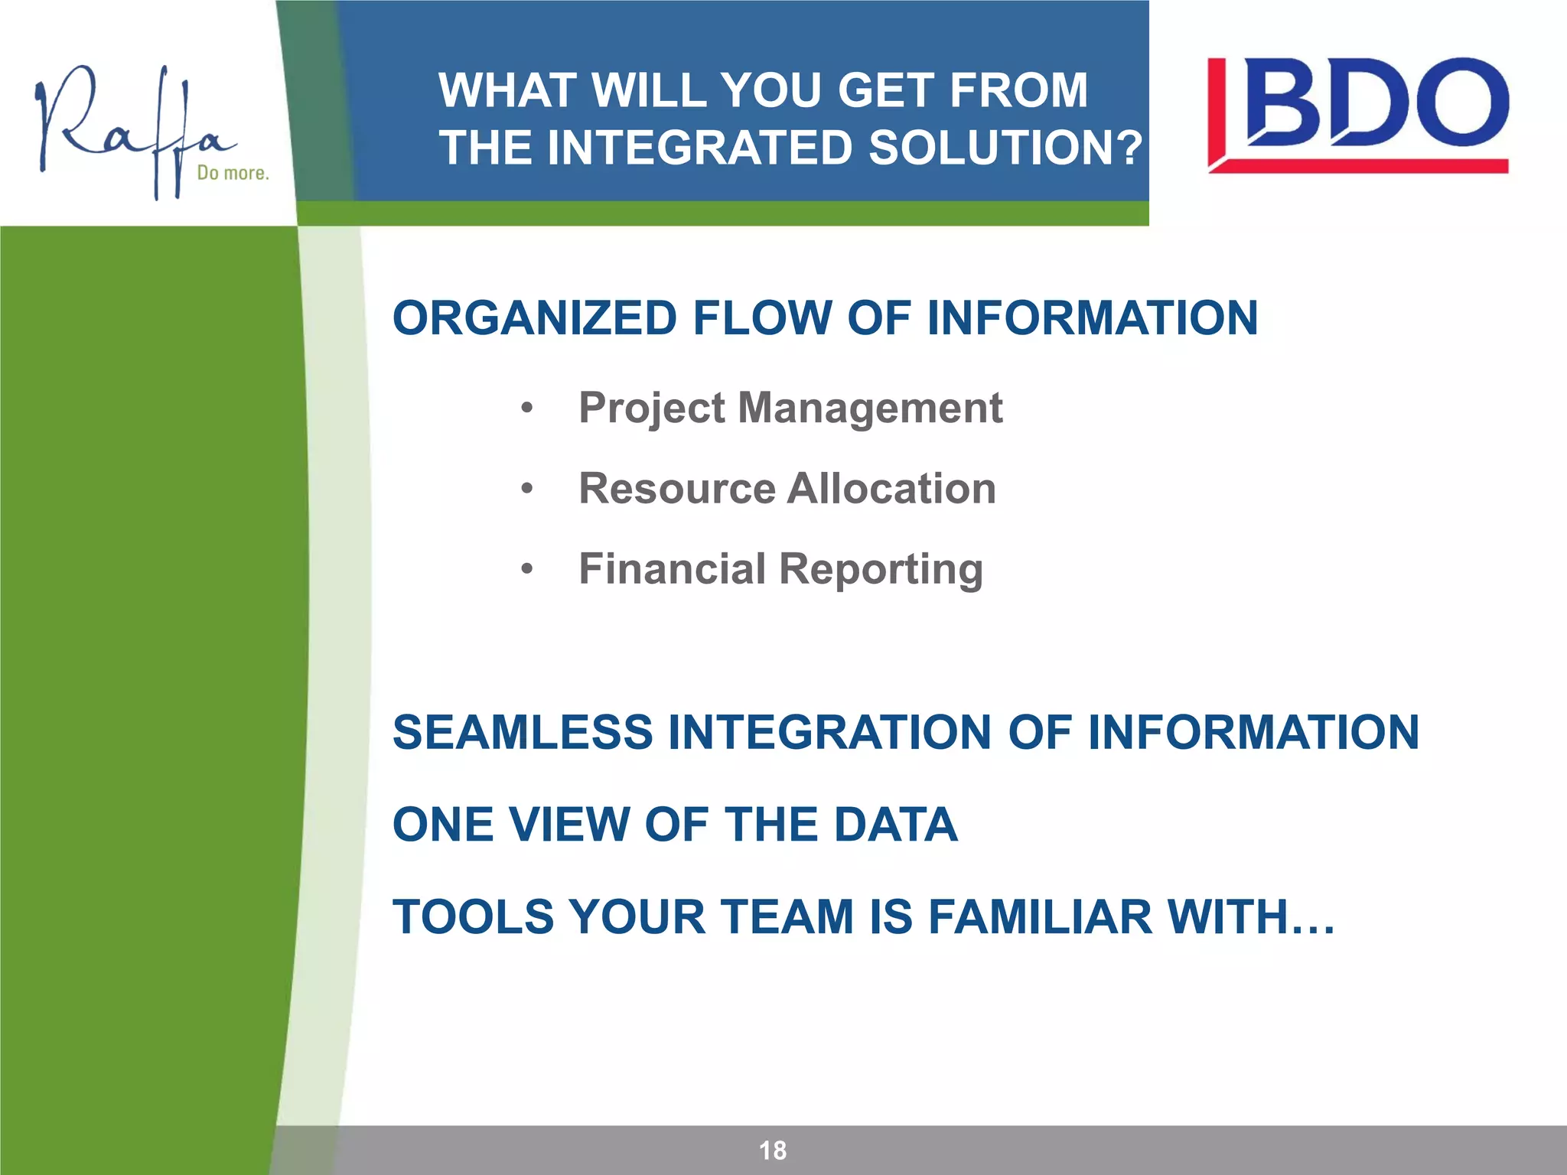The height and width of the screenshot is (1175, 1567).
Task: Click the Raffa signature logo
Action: click(x=130, y=130)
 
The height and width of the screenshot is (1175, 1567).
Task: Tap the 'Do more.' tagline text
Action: click(x=233, y=174)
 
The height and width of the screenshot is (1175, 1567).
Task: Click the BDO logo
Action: click(x=1357, y=115)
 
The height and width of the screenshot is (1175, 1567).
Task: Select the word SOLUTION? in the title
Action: click(x=1005, y=148)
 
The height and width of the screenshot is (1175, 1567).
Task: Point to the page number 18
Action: click(x=772, y=1151)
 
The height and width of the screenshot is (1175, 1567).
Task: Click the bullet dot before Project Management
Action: click(x=526, y=408)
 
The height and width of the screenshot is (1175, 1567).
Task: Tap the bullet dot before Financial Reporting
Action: click(x=526, y=569)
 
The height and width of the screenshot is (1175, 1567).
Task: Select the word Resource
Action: click(x=677, y=489)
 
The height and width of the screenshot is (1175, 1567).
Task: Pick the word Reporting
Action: click(x=881, y=571)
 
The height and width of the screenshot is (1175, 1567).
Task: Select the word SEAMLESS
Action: click(x=523, y=732)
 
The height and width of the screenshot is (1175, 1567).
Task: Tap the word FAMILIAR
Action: click(x=1040, y=917)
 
